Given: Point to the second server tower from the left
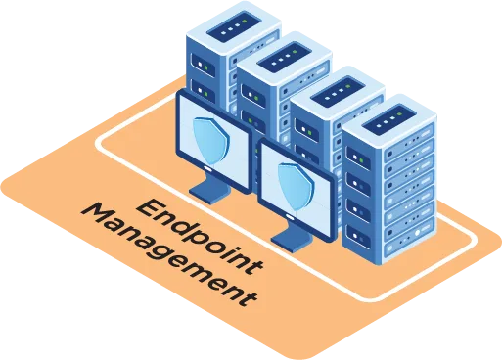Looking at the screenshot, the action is pos(284,88).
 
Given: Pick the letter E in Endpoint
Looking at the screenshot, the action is pos(148,205).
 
